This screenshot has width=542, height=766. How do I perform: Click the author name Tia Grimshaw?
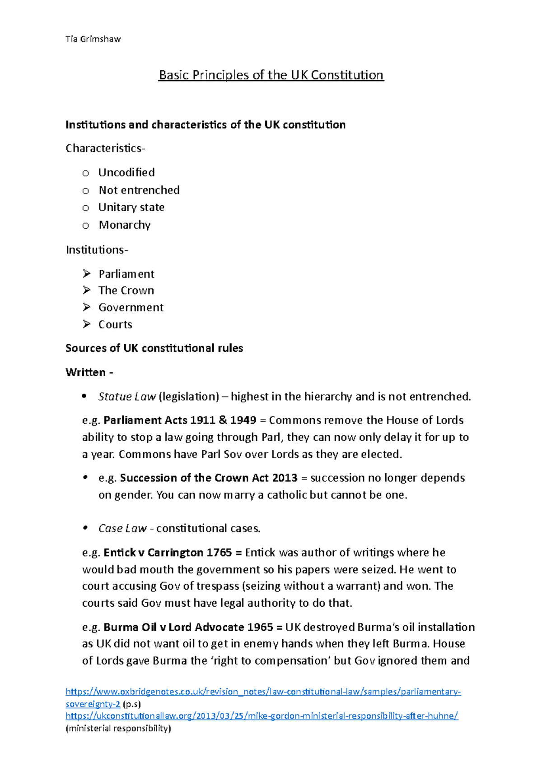[x=93, y=39]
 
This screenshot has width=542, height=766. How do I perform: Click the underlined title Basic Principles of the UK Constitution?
[x=271, y=75]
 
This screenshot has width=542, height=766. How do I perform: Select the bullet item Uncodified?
[x=126, y=172]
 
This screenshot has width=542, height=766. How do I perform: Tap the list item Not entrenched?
[x=139, y=190]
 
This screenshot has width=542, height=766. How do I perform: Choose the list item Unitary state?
[x=131, y=207]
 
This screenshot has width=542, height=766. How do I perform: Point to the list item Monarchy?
[x=125, y=225]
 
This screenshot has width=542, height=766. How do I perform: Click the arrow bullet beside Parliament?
[x=87, y=273]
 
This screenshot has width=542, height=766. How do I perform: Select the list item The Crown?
[x=126, y=291]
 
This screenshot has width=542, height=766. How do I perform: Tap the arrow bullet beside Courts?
[x=87, y=324]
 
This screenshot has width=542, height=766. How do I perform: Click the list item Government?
[x=131, y=307]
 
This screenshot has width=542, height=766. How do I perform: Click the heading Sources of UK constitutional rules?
[x=154, y=348]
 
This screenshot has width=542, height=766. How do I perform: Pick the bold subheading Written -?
[x=89, y=372]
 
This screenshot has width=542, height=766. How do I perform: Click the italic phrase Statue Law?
[x=127, y=397]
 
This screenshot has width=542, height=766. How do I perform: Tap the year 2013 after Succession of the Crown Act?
[x=285, y=478]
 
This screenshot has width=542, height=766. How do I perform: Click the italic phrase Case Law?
[x=122, y=528]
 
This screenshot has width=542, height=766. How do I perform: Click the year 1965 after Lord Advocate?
[x=260, y=627]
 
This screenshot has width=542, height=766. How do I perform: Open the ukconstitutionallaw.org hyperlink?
[x=262, y=715]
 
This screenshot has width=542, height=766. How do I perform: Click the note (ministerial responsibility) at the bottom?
[x=119, y=728]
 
